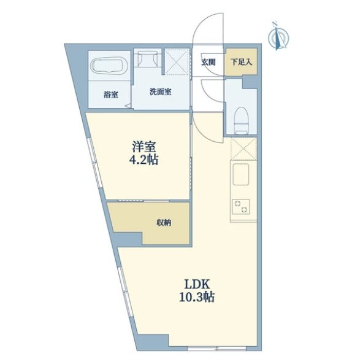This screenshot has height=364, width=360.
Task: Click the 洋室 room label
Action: (144, 147)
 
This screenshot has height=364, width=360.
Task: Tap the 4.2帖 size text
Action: (144, 160)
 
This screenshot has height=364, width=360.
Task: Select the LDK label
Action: (197, 284)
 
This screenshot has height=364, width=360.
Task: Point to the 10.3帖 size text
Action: (197, 297)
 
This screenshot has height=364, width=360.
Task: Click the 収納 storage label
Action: (164, 223)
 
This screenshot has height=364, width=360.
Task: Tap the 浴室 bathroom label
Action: (110, 95)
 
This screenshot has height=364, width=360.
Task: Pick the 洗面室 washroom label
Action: (160, 91)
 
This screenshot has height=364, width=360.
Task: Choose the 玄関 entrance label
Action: (208, 62)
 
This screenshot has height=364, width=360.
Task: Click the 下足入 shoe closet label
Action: (241, 62)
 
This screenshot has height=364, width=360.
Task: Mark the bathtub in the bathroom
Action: (109, 65)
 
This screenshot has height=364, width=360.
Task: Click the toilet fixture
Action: (241, 120)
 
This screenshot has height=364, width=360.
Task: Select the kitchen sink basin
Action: (241, 174)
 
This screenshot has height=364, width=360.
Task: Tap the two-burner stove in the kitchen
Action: (241, 207)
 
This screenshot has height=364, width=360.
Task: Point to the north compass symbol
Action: (278, 36)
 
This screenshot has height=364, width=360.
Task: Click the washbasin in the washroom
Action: (148, 59)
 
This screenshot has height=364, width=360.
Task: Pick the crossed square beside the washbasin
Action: (176, 62)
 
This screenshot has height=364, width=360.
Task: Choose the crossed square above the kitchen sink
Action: (243, 149)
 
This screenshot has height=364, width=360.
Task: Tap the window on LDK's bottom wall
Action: (216, 348)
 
